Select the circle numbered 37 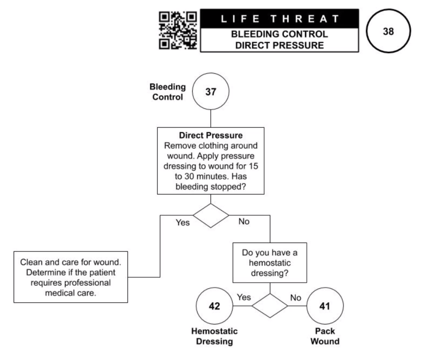pos(211,92)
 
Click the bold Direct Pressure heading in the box pos(211,136)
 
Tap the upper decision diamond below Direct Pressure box pos(211,215)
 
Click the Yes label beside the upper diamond pos(183,222)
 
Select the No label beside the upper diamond pos(244,221)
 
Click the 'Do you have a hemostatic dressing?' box pos(270,263)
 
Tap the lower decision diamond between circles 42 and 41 pos(270,306)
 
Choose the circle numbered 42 pos(214,306)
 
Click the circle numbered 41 pos(325,306)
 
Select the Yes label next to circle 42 pos(243,297)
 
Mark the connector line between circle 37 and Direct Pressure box pos(211,118)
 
